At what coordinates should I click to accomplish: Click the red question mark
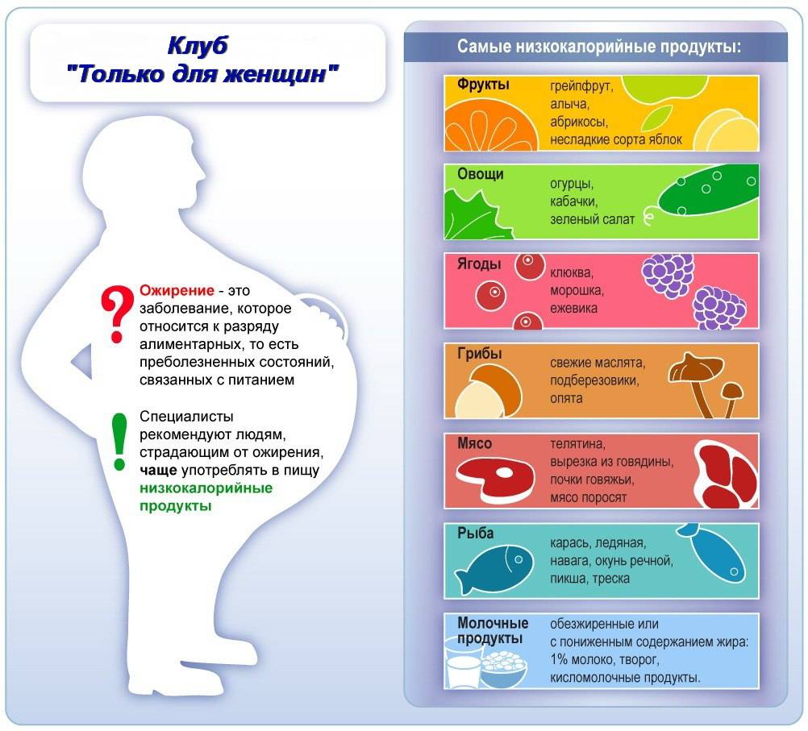(118, 313)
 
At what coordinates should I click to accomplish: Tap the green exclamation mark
(119, 441)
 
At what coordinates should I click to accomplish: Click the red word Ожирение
(177, 290)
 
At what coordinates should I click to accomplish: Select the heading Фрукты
(483, 85)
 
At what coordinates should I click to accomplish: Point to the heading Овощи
(481, 174)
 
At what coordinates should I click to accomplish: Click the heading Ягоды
(479, 264)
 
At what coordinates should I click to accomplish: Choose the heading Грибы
(479, 353)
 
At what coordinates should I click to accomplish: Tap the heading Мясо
(475, 443)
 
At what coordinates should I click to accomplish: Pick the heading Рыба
(476, 533)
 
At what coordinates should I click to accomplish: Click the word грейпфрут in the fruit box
(581, 86)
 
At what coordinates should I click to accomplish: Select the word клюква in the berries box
(572, 272)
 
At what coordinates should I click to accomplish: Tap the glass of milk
(463, 666)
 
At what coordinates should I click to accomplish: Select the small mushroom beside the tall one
(731, 399)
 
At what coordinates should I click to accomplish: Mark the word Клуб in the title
(198, 46)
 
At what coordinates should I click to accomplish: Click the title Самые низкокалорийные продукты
(599, 47)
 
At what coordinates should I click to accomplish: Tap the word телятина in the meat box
(577, 443)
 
